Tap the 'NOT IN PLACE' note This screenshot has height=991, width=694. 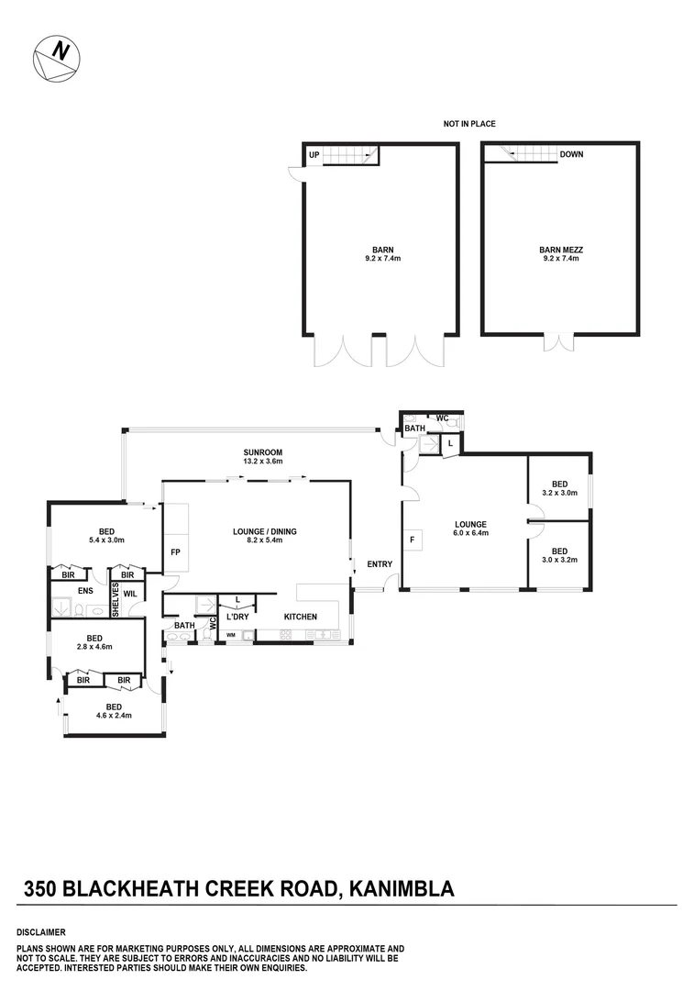(470, 123)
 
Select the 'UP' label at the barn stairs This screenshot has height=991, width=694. (314, 155)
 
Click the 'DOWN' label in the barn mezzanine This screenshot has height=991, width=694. (571, 154)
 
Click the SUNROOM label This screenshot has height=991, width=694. (262, 452)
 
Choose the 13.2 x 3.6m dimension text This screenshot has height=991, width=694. (262, 462)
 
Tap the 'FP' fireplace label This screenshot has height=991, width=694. (175, 552)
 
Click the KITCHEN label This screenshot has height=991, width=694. (300, 617)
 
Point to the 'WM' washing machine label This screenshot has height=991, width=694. (231, 634)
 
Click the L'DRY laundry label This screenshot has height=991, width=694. (238, 617)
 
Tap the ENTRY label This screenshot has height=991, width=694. (379, 564)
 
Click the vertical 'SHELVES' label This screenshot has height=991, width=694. (116, 599)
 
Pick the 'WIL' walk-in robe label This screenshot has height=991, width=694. (130, 594)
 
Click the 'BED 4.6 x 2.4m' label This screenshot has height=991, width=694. (114, 711)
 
